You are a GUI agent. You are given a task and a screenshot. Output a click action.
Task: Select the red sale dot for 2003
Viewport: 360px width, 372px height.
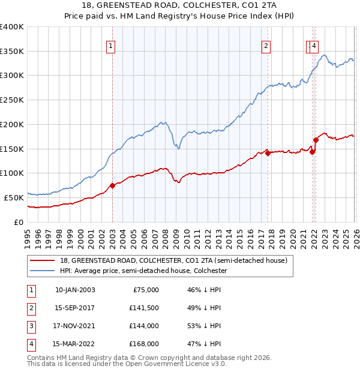112,185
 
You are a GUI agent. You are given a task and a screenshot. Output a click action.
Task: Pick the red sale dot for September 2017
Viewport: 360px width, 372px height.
268,152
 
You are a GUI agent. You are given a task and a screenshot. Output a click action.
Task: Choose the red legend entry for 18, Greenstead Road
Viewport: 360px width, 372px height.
173,260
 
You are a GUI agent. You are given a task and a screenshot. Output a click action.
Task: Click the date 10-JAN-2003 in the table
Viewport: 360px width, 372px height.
74,290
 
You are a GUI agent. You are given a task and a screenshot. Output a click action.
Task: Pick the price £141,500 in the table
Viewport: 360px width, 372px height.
144,308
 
